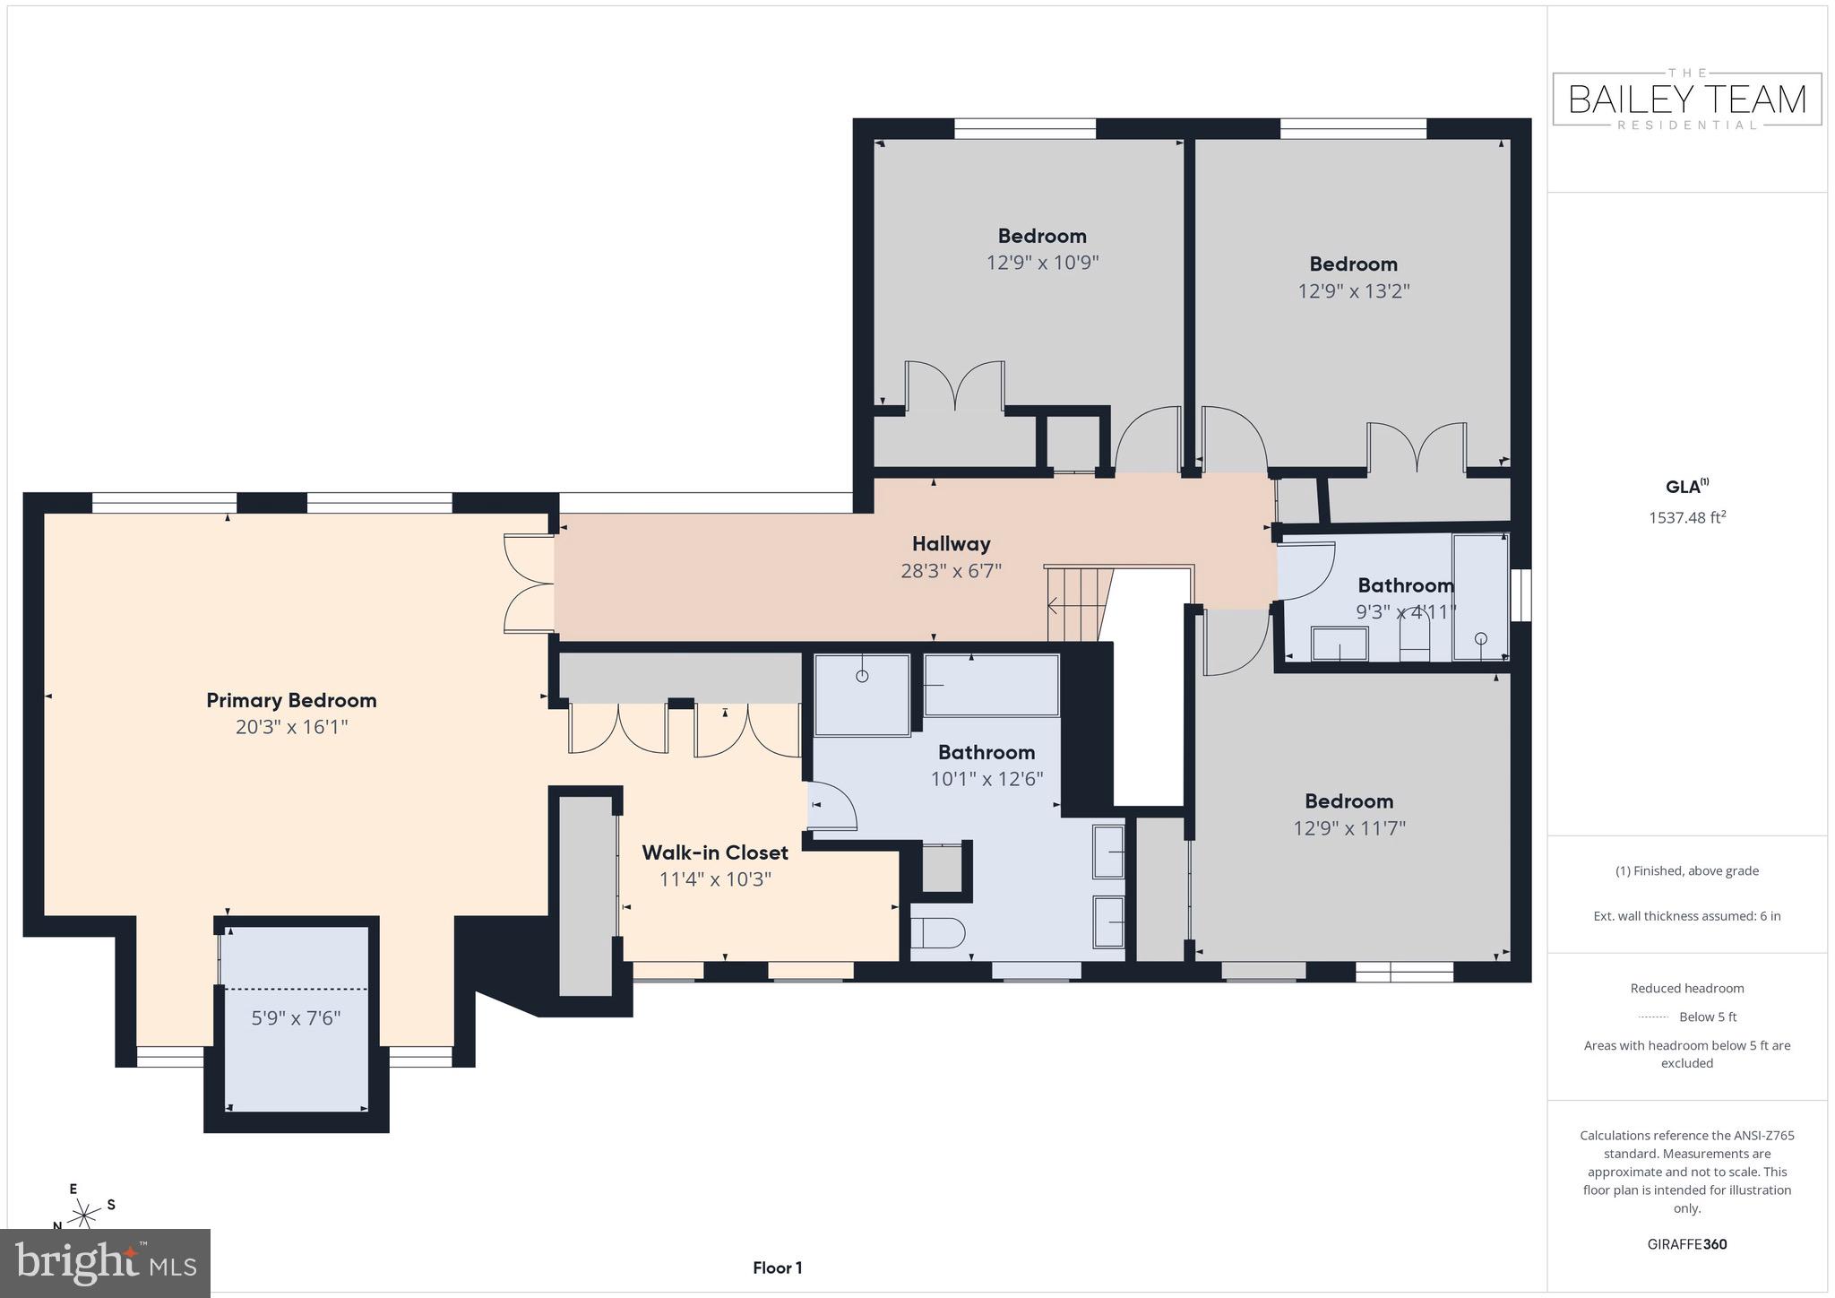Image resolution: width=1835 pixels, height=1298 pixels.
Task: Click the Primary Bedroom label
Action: (x=291, y=700)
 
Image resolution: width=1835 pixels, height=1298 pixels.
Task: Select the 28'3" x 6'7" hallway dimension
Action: (x=951, y=570)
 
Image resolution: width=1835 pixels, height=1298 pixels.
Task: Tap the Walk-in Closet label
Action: (x=715, y=852)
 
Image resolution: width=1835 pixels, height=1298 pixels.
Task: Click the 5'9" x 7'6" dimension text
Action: (x=295, y=1018)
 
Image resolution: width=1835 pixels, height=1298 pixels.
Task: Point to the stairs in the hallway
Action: (x=1078, y=604)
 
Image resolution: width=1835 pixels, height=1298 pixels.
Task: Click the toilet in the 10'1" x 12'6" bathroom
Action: (x=937, y=932)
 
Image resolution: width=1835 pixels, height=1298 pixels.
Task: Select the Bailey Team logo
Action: (x=1687, y=100)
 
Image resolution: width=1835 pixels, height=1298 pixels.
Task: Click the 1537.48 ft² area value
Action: (x=1687, y=517)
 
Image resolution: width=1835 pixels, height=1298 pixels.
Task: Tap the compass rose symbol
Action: (x=85, y=1215)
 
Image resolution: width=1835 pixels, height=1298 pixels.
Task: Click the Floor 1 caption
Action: (x=777, y=1268)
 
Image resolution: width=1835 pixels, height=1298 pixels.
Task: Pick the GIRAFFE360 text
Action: (x=1687, y=1244)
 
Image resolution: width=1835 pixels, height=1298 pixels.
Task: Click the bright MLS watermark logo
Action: (x=105, y=1263)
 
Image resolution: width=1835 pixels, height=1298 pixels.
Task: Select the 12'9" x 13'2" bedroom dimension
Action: (x=1353, y=291)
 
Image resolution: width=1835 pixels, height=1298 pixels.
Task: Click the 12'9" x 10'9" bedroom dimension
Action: (x=1042, y=263)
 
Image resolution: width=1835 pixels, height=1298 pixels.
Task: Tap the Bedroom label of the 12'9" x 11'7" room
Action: (x=1348, y=801)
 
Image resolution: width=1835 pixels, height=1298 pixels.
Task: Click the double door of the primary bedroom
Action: (x=529, y=584)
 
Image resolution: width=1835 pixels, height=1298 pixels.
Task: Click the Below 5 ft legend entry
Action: (x=1687, y=1017)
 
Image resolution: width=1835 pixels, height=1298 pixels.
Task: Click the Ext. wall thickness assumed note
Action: (x=1687, y=916)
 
